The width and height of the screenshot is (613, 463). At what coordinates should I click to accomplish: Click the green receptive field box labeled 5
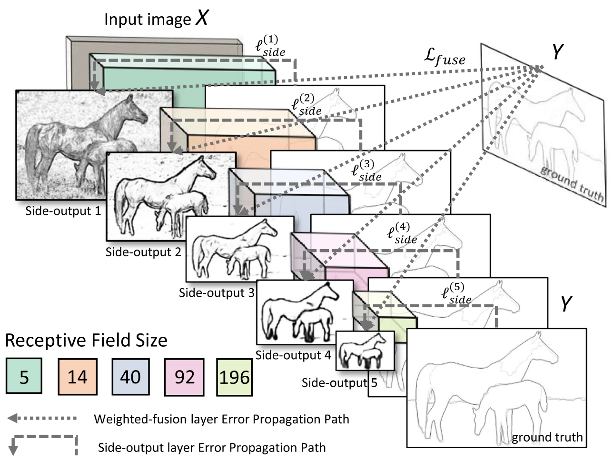click(x=24, y=377)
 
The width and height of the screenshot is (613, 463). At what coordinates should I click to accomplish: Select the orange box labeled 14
click(x=77, y=377)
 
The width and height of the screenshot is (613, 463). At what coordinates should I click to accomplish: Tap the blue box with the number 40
click(x=130, y=377)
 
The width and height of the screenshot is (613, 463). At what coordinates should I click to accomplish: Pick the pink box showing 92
click(x=184, y=377)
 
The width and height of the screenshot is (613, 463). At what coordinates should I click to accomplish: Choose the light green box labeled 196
click(x=234, y=377)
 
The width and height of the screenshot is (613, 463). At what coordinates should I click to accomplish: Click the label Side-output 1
click(x=63, y=211)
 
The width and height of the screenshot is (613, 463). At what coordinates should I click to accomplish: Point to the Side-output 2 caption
click(x=143, y=252)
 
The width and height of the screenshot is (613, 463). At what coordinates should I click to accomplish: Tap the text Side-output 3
click(x=217, y=292)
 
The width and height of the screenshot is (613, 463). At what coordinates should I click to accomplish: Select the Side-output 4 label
click(x=293, y=355)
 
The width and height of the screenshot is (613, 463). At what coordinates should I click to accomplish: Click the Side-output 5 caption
click(x=339, y=383)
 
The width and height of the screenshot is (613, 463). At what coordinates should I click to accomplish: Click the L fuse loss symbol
click(x=445, y=57)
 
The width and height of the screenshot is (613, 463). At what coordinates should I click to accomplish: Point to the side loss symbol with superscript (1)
click(x=270, y=46)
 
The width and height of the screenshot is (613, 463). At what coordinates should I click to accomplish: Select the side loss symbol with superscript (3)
click(x=366, y=171)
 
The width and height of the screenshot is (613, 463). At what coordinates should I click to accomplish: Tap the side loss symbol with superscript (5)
click(x=456, y=294)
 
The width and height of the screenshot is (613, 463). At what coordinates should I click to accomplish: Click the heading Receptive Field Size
click(x=86, y=341)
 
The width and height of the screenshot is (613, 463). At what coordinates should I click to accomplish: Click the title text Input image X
click(x=156, y=19)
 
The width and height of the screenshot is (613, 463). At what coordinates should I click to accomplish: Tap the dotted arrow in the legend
click(x=42, y=418)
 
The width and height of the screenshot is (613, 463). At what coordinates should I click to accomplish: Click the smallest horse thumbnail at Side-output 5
click(x=365, y=351)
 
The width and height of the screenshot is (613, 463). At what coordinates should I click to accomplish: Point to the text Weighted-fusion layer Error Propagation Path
click(x=221, y=419)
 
